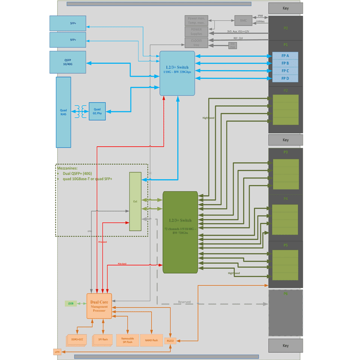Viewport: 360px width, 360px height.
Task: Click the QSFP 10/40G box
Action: pos(67,60)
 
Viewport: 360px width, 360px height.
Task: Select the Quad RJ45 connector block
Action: pos(63,112)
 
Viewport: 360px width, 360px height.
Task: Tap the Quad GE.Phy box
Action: pos(97,111)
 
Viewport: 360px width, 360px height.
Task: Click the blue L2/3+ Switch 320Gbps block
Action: pos(177,73)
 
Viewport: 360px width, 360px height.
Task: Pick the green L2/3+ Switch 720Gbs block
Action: pos(180,232)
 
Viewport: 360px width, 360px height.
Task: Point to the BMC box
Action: pos(243,20)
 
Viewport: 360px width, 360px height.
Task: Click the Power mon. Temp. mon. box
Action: pos(196,20)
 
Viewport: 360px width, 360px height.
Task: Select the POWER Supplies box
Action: pos(196,31)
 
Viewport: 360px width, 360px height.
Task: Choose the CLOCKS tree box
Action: pos(196,42)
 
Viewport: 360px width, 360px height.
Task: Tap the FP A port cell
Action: pos(285,56)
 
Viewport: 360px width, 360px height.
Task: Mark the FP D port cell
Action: pos(285,78)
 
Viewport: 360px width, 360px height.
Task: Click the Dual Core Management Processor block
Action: pos(99,306)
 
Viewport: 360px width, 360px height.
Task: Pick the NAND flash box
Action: pos(151,340)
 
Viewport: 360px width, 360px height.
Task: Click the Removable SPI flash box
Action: pos(127,340)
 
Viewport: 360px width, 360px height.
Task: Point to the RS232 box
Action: pos(171,341)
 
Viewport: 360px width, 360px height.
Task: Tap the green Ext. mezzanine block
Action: pos(135,201)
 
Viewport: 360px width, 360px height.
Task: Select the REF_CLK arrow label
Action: pos(238,39)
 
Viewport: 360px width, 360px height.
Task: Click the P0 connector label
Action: pos(286,28)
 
